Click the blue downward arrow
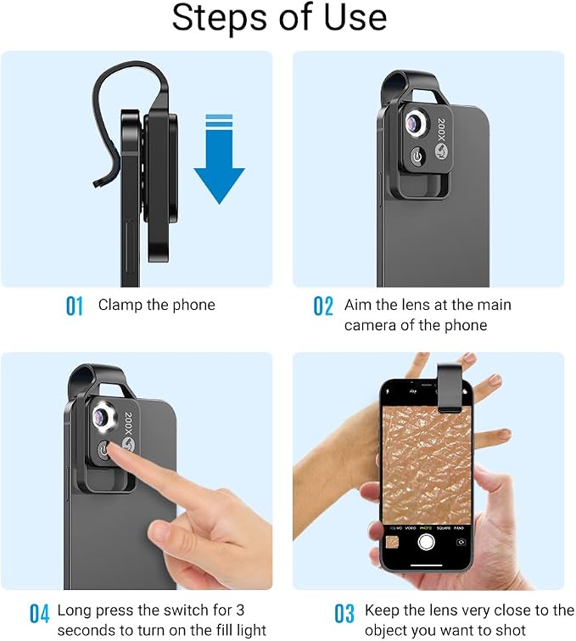click(x=220, y=160)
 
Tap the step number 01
click(x=75, y=306)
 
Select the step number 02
click(x=323, y=306)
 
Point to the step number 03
click(x=344, y=614)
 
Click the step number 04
click(x=40, y=614)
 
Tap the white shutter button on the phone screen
click(x=426, y=542)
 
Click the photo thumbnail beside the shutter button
click(x=393, y=543)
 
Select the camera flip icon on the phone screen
click(x=461, y=543)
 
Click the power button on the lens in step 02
click(x=417, y=156)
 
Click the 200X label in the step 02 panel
click(x=441, y=130)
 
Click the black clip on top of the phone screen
click(x=450, y=387)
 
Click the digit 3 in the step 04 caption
click(x=240, y=610)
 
